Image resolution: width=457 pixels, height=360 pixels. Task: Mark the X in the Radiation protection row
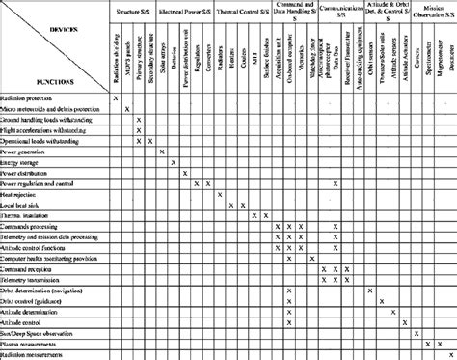[x=116, y=99]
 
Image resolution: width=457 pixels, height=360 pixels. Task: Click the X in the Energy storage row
[x=174, y=162]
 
